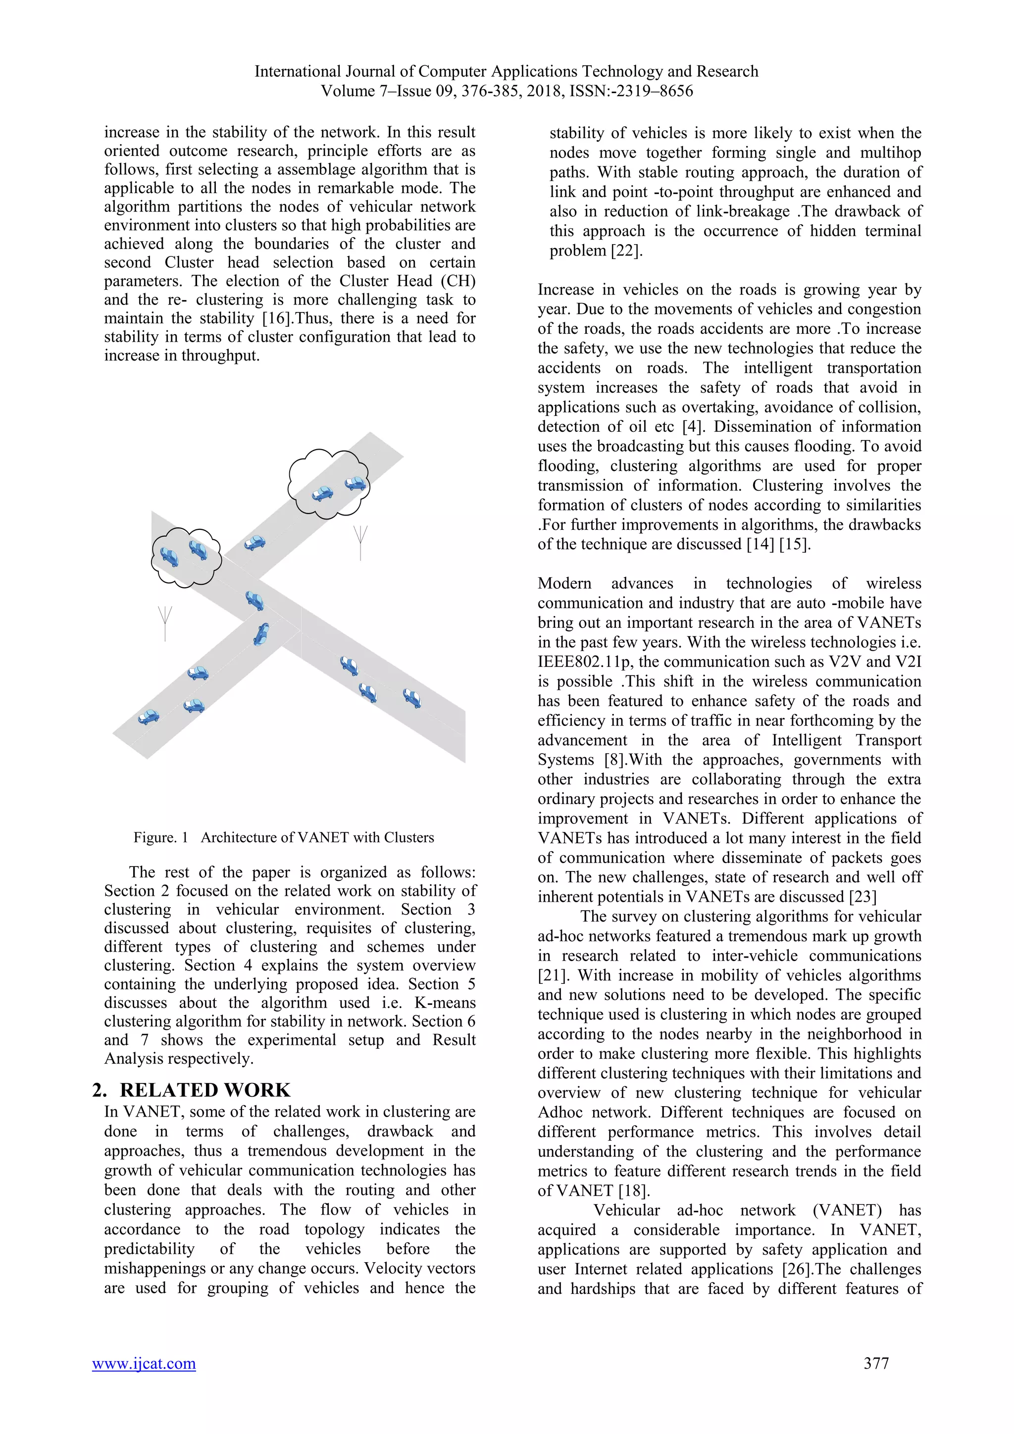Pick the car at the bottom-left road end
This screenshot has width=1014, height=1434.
tap(149, 717)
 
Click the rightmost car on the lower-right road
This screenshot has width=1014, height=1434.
tap(412, 698)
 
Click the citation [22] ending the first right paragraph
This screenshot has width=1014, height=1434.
tap(626, 251)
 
